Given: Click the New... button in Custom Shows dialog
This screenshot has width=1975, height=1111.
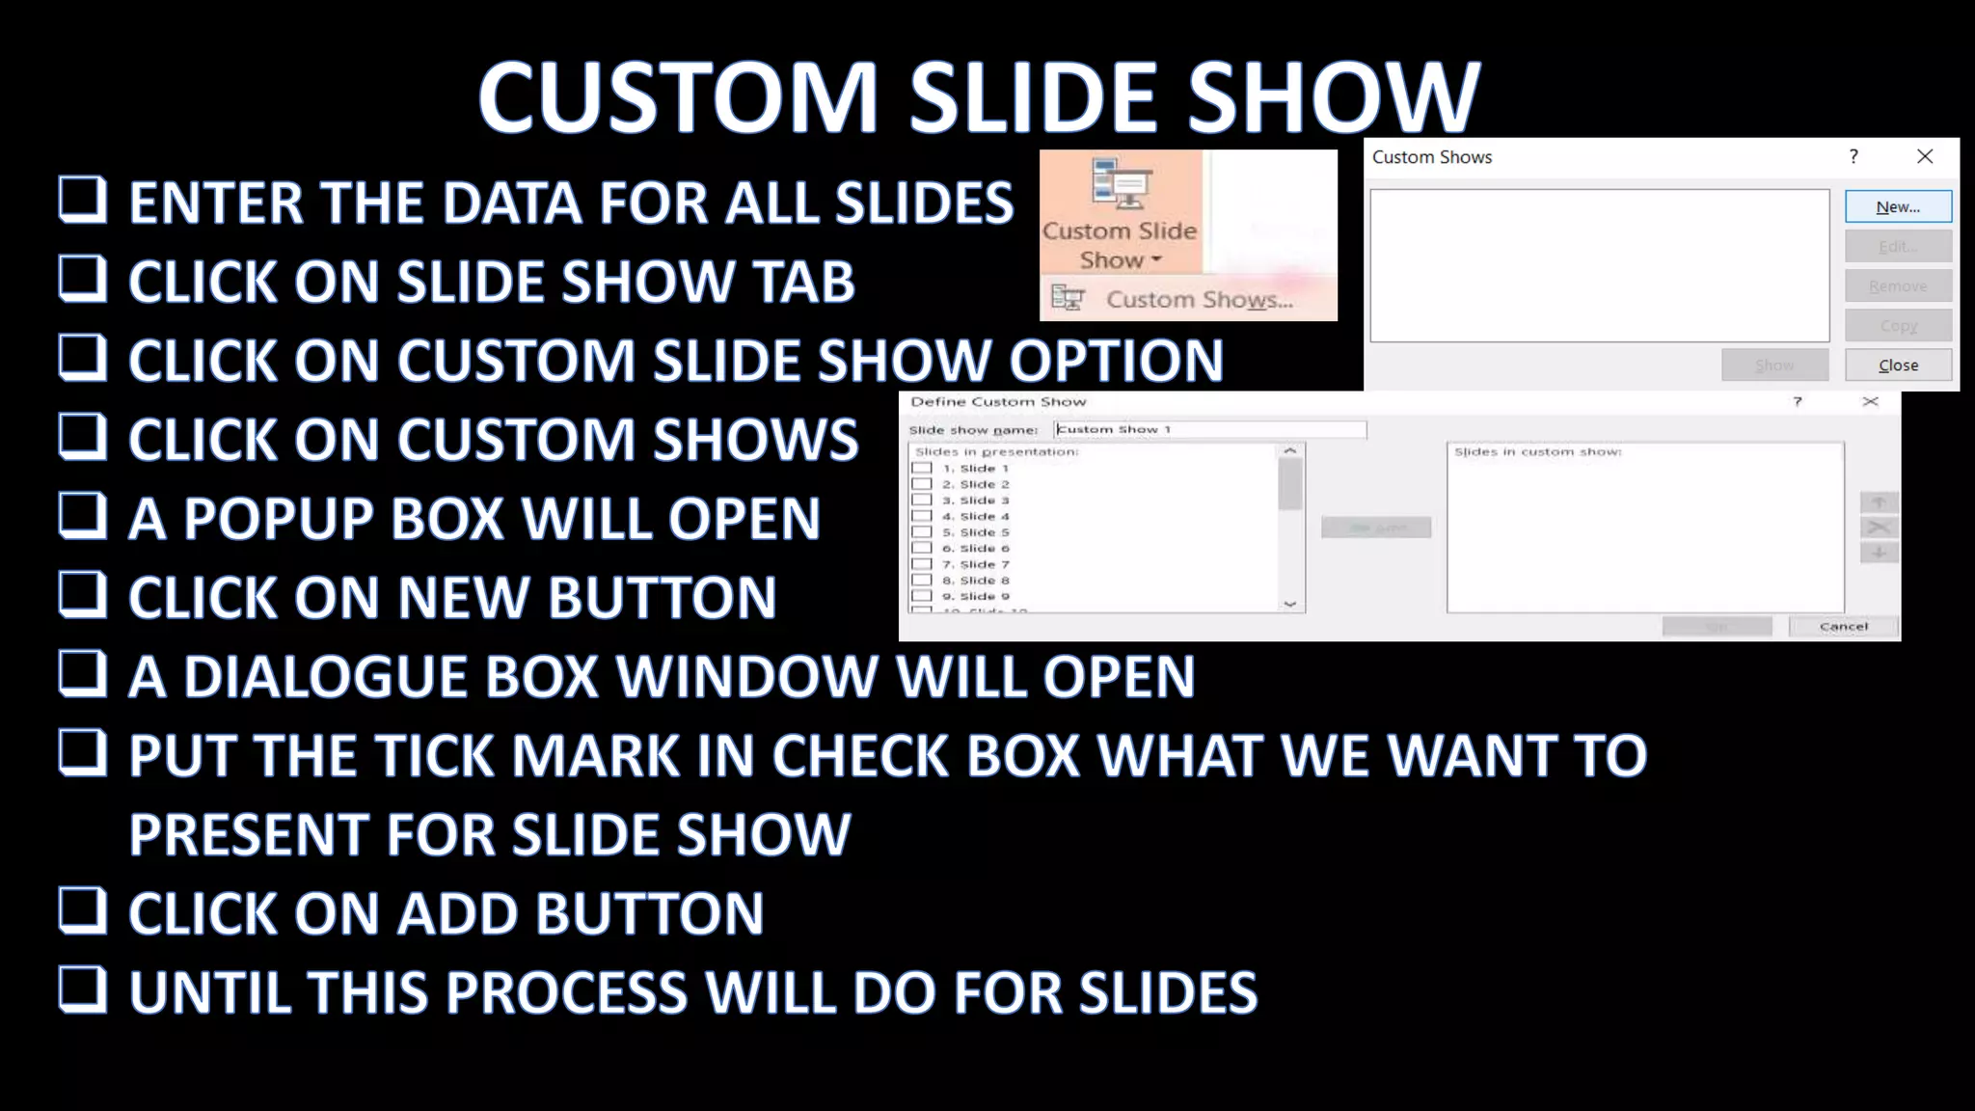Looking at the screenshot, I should tap(1898, 206).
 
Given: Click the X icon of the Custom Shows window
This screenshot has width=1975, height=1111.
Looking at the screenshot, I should tap(1925, 156).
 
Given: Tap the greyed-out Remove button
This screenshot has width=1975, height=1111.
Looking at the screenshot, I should tap(1898, 286).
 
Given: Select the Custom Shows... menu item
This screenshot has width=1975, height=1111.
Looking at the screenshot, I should tap(1198, 300).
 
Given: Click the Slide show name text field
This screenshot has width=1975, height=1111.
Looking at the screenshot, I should tap(1209, 429).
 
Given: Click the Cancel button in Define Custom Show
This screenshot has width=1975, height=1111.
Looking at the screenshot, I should tap(1843, 627).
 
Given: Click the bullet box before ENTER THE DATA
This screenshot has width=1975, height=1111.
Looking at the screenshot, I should tap(82, 200).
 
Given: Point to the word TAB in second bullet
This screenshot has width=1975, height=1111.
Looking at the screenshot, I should tap(803, 283).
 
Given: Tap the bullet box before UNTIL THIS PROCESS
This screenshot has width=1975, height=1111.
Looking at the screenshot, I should tap(82, 989).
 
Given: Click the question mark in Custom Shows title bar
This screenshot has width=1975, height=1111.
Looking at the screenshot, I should tap(1853, 156).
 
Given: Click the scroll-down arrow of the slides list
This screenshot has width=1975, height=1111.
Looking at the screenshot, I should tap(1289, 604).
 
